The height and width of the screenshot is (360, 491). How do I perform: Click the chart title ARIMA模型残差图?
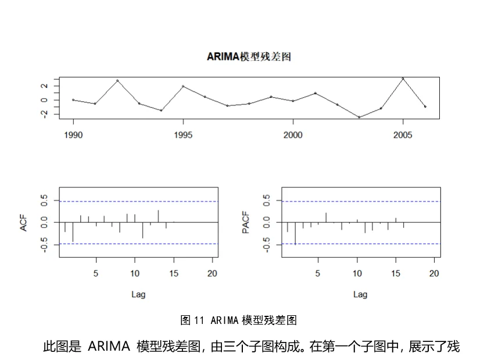coord(249,56)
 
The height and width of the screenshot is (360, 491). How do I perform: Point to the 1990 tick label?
coord(73,135)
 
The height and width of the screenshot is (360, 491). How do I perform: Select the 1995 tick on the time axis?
coord(183,135)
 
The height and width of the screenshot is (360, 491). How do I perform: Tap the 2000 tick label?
coord(293,135)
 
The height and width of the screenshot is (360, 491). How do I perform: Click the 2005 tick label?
coord(403,135)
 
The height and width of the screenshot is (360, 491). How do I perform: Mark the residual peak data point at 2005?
coord(403,79)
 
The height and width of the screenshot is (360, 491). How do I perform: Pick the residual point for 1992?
coord(117,80)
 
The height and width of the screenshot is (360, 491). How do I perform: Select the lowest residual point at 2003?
coord(359,117)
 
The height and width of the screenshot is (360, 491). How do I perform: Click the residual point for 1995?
coord(183,86)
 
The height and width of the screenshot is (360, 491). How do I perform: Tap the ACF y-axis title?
coord(24,222)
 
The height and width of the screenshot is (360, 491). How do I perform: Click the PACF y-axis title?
coord(246,222)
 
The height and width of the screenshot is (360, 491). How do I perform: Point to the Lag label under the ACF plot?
coord(138,294)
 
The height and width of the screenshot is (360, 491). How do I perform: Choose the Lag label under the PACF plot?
coord(360,294)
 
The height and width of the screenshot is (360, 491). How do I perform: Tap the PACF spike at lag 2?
coord(295,233)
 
